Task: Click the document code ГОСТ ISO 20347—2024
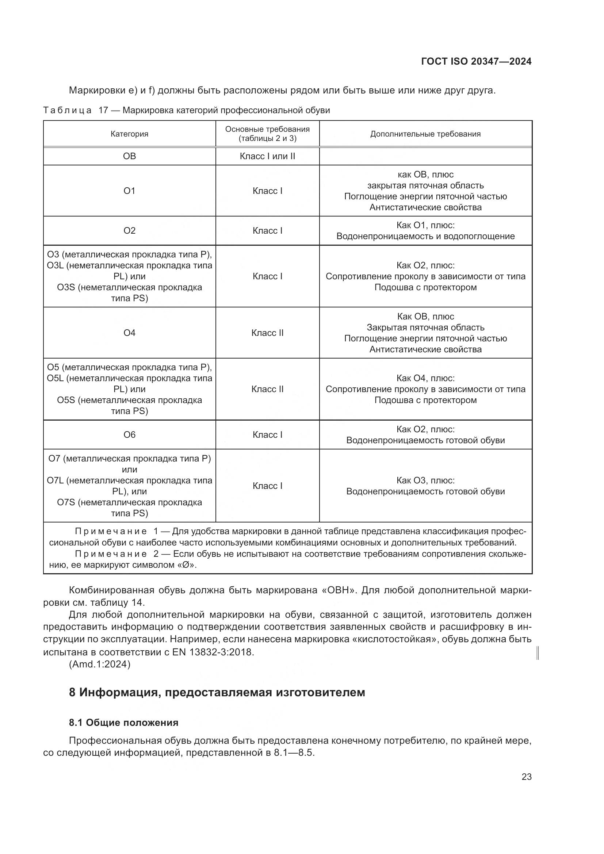click(476, 61)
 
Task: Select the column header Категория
click(129, 134)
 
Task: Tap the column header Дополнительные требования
click(425, 134)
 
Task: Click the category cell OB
click(129, 156)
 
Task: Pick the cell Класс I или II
click(267, 156)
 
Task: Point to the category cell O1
click(129, 191)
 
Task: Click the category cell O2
click(129, 231)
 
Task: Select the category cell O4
click(129, 333)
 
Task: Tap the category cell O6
click(129, 435)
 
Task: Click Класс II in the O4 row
click(267, 333)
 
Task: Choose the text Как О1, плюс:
click(425, 225)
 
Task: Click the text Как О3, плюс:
click(425, 480)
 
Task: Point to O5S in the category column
click(66, 400)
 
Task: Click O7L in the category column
click(55, 480)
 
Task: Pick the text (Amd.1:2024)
click(99, 664)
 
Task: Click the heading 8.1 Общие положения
click(123, 722)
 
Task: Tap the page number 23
click(526, 777)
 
